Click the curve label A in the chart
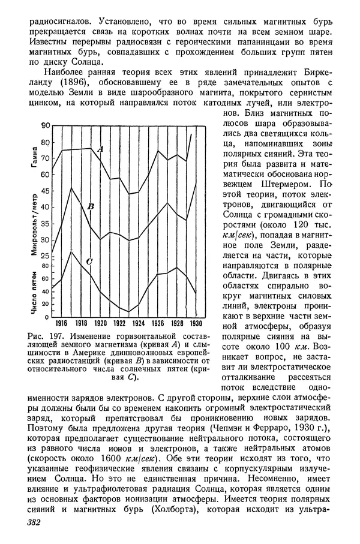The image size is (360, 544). [100, 148]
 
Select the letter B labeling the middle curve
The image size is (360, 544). [91, 207]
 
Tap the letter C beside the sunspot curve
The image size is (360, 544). [89, 261]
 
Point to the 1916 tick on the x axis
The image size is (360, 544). [61, 321]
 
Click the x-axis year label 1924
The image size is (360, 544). [138, 321]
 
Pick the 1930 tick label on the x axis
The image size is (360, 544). [196, 321]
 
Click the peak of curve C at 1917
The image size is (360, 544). [71, 251]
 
